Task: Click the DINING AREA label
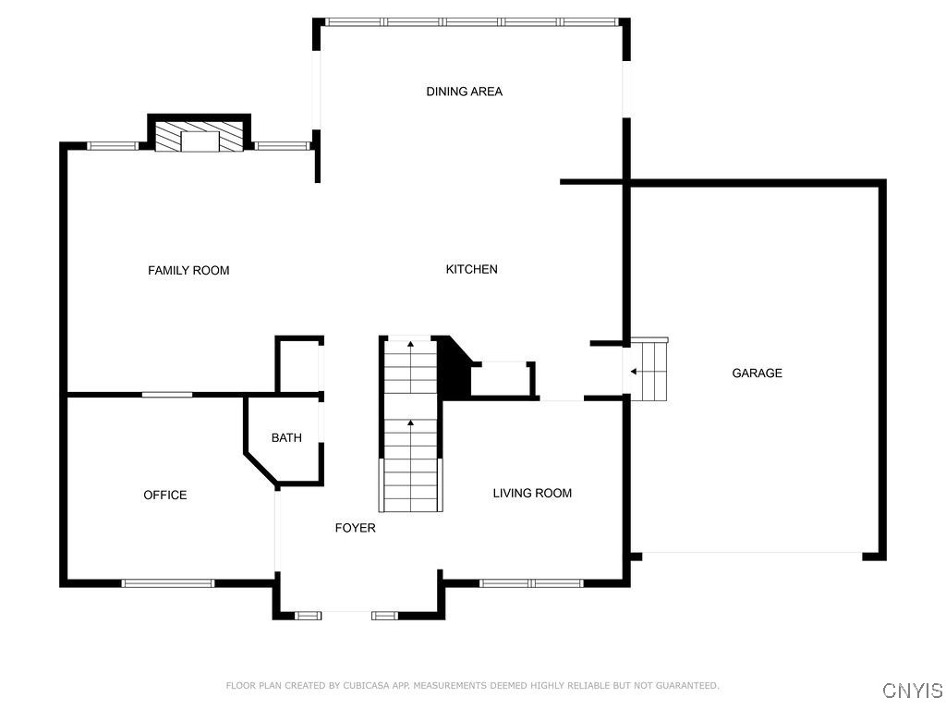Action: (464, 92)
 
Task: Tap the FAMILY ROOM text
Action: (188, 270)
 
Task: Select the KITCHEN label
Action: (471, 269)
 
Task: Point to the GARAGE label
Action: (757, 373)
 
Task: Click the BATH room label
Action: (286, 438)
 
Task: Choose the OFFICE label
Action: (165, 496)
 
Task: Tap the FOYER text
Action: (355, 528)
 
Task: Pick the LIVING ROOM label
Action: (532, 494)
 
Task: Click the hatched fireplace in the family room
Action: (200, 137)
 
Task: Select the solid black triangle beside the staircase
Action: (453, 368)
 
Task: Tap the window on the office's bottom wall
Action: (168, 582)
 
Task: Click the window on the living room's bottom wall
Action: (531, 582)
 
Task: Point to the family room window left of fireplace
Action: (113, 145)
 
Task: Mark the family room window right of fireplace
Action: (282, 145)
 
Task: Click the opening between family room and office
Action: (167, 395)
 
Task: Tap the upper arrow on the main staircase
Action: (411, 347)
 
